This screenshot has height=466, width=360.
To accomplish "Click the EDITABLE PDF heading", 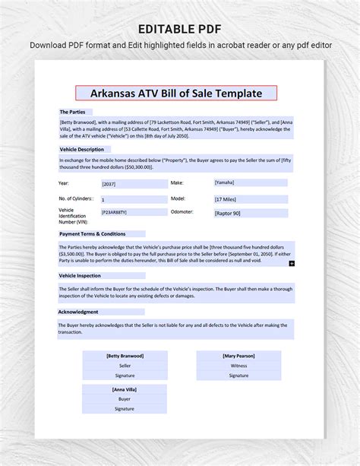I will [180, 28].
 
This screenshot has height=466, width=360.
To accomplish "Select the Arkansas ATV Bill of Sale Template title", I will [176, 94].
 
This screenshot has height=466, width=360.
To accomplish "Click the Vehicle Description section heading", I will [82, 150].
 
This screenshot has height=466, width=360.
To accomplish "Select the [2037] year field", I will [110, 184].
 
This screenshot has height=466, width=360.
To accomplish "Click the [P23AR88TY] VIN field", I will [115, 213].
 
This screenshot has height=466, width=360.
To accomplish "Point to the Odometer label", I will [182, 212].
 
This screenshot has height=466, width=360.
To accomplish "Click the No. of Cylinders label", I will [76, 198].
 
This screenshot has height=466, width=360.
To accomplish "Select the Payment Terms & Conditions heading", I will [92, 234].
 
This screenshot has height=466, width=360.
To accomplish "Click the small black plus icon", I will [292, 263].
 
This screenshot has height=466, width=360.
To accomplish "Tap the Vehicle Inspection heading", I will [80, 275].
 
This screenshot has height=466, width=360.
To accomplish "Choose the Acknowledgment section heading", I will [78, 312].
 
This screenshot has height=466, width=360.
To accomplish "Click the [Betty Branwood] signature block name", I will [125, 356].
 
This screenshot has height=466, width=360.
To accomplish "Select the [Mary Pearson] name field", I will [238, 356].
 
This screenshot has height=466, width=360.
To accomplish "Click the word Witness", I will [238, 366].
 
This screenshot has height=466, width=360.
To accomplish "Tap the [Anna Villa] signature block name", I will [125, 389].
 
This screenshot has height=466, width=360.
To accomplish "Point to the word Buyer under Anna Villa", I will [125, 399].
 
